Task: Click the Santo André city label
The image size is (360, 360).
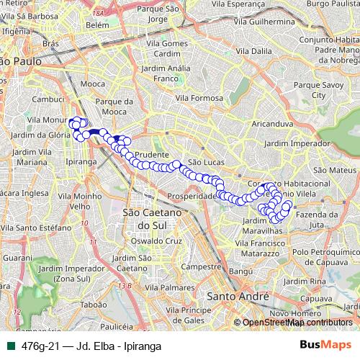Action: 237,296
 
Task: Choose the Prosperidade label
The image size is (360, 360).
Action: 192,196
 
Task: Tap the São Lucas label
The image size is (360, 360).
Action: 202,163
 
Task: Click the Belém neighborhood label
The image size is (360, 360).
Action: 96,25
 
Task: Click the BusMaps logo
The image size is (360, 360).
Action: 323,344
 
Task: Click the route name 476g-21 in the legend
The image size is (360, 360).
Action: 38,345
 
